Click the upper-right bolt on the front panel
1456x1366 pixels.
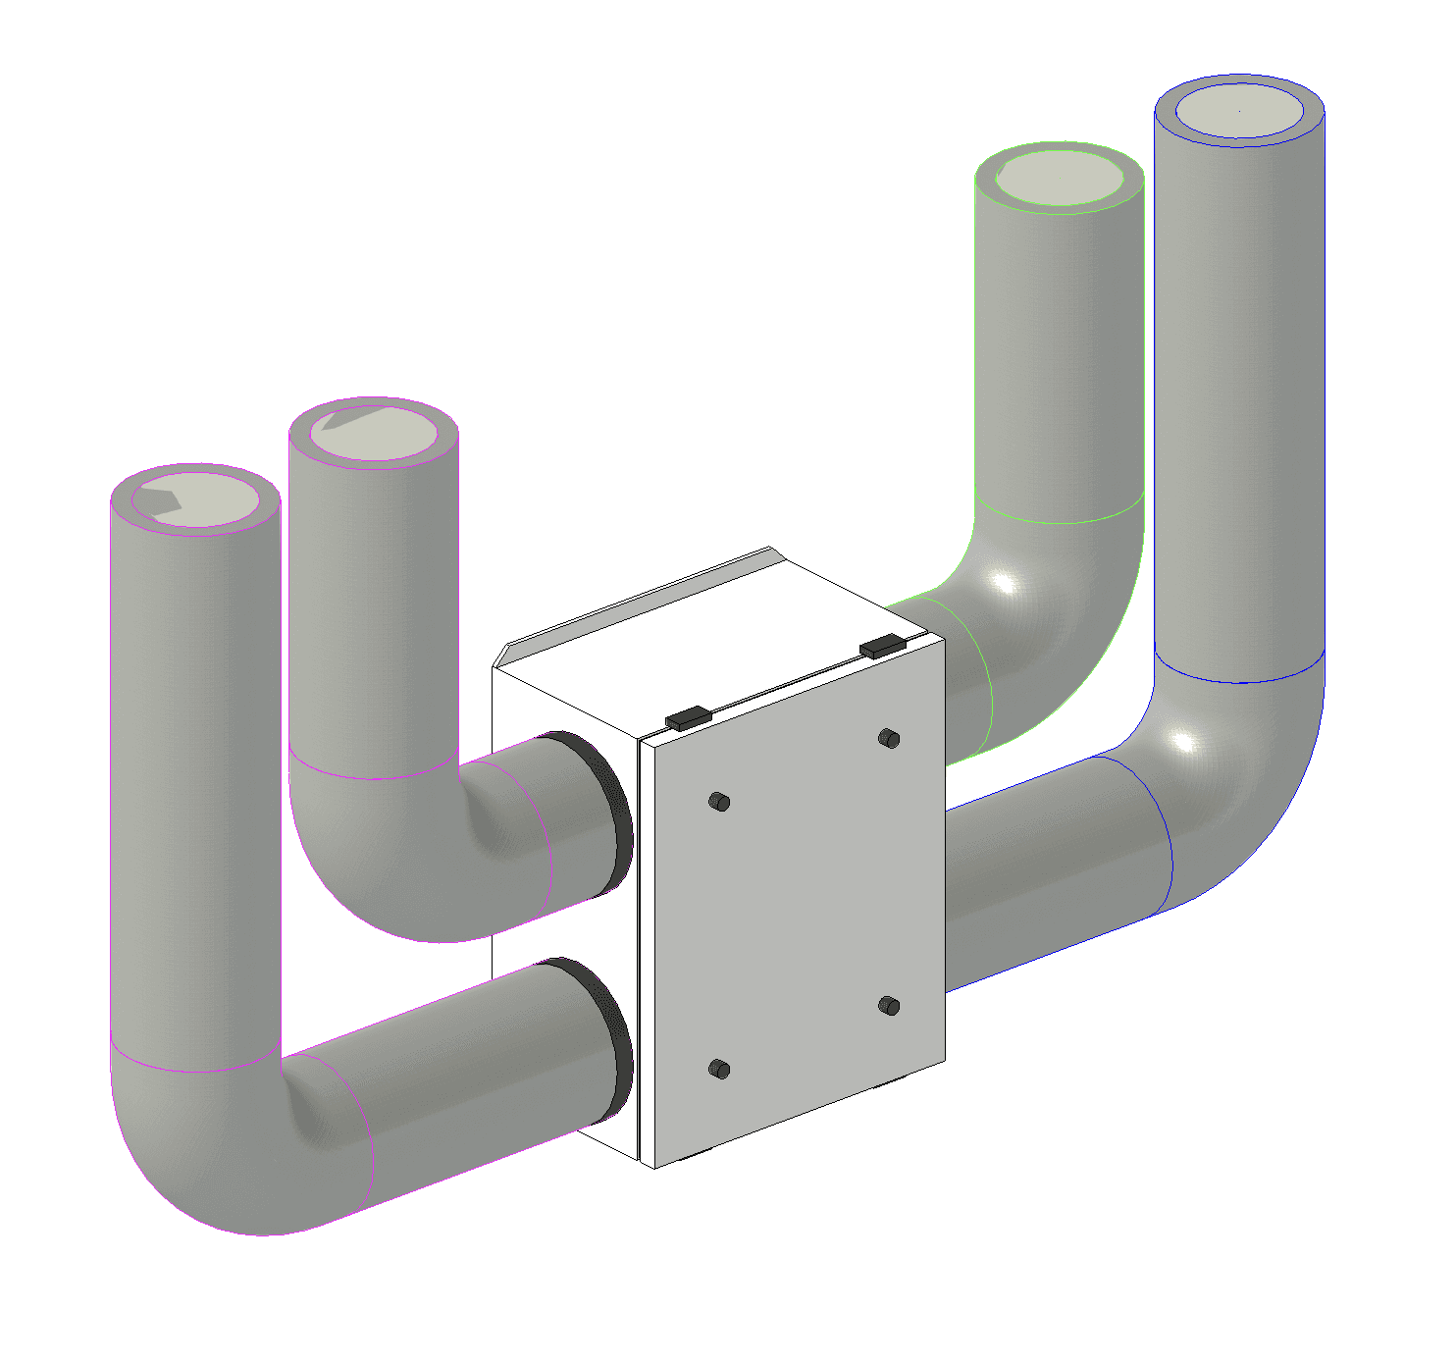coord(889,738)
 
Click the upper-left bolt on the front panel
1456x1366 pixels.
coord(719,802)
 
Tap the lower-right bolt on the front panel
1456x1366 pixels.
coord(889,1005)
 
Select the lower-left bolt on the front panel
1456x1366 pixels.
coord(719,1069)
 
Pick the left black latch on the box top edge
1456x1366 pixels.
coord(688,717)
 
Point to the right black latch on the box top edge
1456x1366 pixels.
coord(882,646)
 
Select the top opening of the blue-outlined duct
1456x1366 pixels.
coord(1239,110)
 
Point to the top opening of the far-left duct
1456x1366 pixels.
coord(196,499)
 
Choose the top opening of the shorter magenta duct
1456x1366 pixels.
coord(374,433)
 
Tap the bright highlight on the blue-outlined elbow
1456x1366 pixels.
coord(1184,742)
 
